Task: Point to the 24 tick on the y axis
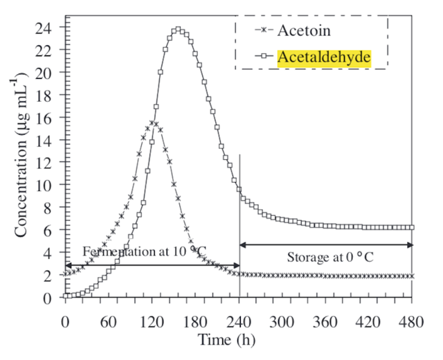point(51,27)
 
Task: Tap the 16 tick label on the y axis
point(51,118)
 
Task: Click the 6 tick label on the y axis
point(55,231)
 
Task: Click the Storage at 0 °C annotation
point(325,258)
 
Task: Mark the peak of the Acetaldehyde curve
point(178,30)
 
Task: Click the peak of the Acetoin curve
point(152,123)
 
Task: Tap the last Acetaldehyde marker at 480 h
point(412,227)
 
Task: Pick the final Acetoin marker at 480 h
point(412,276)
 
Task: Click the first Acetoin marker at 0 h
point(66,274)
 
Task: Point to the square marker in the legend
point(266,57)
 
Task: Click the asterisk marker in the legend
point(266,30)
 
